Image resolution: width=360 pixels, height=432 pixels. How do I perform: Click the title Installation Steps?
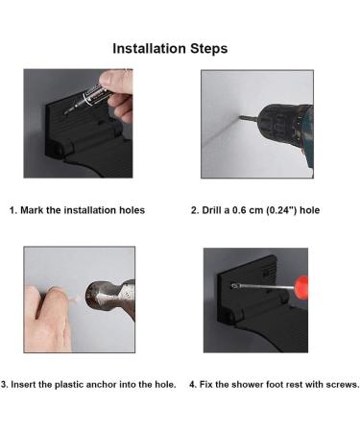point(170,49)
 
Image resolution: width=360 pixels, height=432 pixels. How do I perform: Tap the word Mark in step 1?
point(32,210)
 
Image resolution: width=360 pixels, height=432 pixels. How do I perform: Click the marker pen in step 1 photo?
point(89,96)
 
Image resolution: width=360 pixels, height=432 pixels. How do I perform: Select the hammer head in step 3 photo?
point(110,300)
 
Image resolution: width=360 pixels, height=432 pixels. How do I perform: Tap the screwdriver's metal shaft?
point(266,286)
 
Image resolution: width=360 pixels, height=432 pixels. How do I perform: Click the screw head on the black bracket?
point(234,285)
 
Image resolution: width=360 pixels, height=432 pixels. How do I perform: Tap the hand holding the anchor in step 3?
point(48,319)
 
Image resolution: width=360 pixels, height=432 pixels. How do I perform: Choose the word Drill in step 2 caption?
point(212,210)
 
